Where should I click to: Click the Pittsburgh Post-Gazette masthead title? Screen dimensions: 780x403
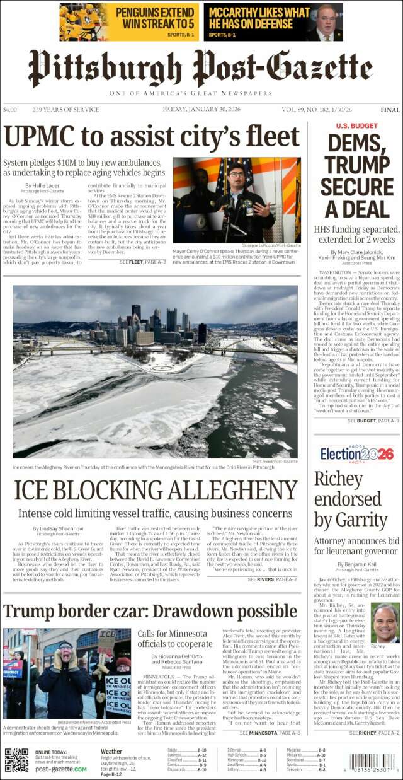pyautogui.click(x=201, y=69)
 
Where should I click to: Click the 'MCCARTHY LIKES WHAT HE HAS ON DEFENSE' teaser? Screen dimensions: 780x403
pyautogui.click(x=273, y=22)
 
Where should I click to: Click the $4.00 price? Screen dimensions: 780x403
pyautogui.click(x=10, y=110)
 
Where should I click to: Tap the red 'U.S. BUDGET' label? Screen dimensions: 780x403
pyautogui.click(x=356, y=126)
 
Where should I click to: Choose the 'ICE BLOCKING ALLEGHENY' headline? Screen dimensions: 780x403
pyautogui.click(x=155, y=491)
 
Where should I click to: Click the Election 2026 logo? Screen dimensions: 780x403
pyautogui.click(x=356, y=454)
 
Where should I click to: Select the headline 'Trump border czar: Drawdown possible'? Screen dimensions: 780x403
pyautogui.click(x=150, y=611)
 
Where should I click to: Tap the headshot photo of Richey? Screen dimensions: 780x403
pyautogui.click(x=385, y=623)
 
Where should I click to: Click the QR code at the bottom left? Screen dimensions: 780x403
pyautogui.click(x=16, y=760)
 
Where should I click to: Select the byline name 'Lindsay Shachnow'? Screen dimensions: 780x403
pyautogui.click(x=58, y=528)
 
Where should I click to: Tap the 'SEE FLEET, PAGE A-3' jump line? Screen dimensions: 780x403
pyautogui.click(x=142, y=262)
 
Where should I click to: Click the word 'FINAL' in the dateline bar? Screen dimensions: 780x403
pyautogui.click(x=390, y=110)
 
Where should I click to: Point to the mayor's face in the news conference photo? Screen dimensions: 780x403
pyautogui.click(x=236, y=172)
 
